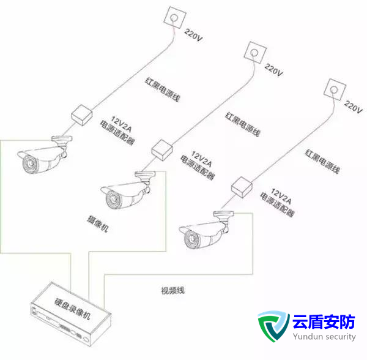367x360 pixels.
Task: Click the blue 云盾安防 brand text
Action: (324, 321)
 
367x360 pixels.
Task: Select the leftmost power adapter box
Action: (80, 114)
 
